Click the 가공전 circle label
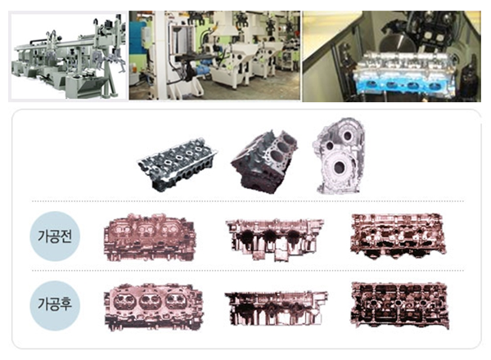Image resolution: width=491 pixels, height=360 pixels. pos(55,236)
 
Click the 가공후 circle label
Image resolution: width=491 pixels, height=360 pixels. pos(55,305)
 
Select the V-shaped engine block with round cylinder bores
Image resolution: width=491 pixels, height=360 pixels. pos(264,161)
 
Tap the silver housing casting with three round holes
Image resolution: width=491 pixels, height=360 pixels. pos(339,155)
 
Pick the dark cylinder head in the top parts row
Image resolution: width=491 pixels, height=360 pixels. pos(178,164)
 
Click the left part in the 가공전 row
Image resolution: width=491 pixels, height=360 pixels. pos(150,237)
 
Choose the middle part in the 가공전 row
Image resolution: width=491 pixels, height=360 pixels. pos(274,240)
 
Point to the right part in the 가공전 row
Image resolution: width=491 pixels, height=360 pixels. pos(397,236)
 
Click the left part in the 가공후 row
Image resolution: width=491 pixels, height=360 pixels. pos(154,307)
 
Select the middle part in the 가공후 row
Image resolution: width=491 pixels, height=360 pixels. pos(276,308)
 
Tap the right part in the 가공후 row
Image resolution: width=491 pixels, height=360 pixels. pos(399,305)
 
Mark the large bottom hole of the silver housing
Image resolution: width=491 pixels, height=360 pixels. pos(339,168)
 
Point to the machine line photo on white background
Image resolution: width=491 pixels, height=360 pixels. pos(67,56)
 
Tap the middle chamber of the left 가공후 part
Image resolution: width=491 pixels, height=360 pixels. pos(146,301)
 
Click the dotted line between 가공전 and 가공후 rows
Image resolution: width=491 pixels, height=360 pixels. pos(247,271)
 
